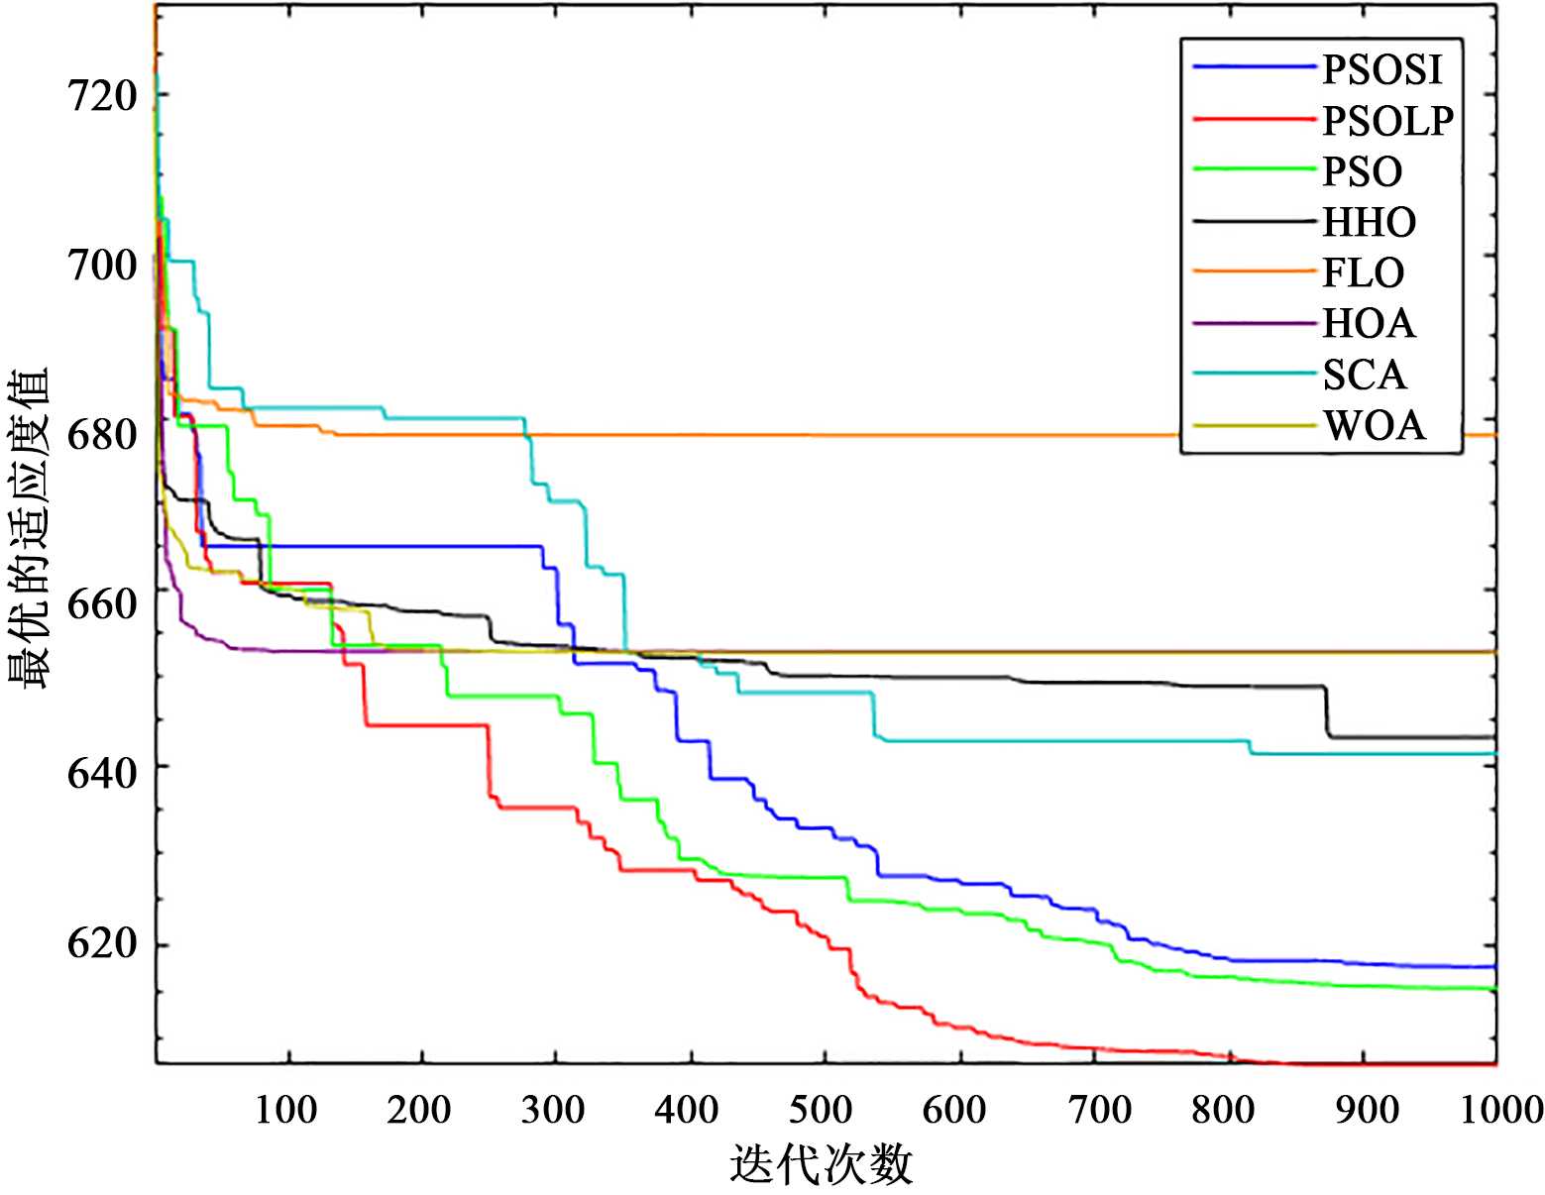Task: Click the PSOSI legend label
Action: click(x=1382, y=69)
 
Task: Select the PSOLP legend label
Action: click(x=1388, y=120)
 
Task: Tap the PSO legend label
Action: click(x=1363, y=171)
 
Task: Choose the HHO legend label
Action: click(x=1370, y=222)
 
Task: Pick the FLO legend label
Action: click(x=1364, y=272)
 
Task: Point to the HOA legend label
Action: click(x=1369, y=323)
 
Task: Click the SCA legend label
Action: click(x=1365, y=375)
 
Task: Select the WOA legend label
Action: click(x=1375, y=425)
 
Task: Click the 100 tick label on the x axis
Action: click(x=286, y=1110)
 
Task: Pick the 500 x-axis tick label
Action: click(x=822, y=1110)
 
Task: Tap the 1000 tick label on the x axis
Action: click(x=1500, y=1110)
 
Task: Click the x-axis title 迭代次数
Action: click(x=822, y=1164)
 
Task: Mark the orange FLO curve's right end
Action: click(x=1494, y=435)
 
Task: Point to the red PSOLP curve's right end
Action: click(x=1494, y=1063)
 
